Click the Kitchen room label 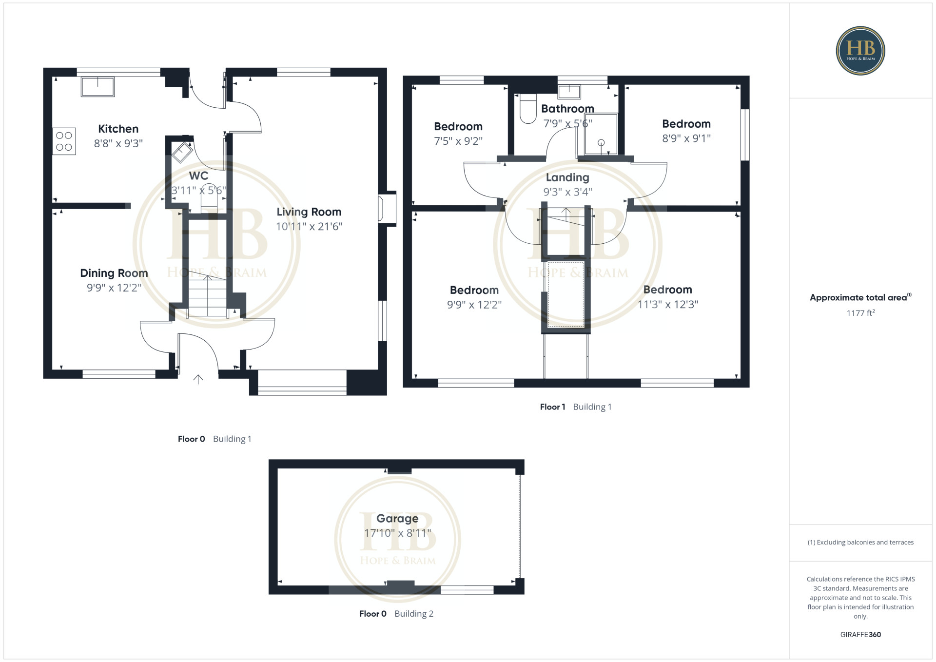point(118,129)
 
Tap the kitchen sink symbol point(97,87)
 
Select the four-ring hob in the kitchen point(64,141)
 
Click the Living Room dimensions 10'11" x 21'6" point(309,226)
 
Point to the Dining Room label point(114,273)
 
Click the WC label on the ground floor point(198,175)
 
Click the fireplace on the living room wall point(387,209)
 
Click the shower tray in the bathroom point(598,134)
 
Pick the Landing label point(567,177)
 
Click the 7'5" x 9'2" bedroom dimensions point(458,141)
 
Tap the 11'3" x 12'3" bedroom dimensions point(668,304)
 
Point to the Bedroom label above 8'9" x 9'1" point(686,124)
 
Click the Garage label point(397,518)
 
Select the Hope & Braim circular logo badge point(860,51)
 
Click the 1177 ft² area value point(860,313)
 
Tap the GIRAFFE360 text point(860,634)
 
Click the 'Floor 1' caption point(552,407)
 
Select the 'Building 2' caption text point(414,614)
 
